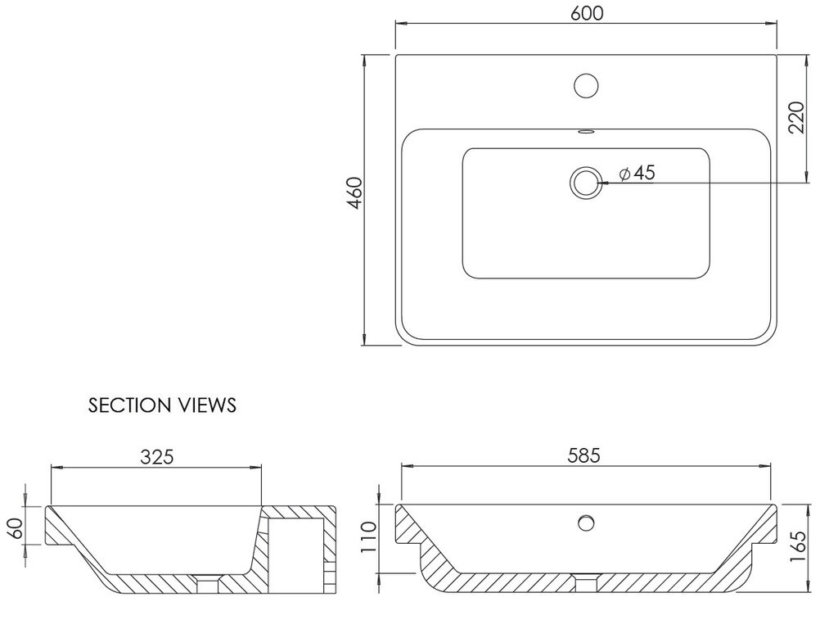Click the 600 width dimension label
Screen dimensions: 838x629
(586, 13)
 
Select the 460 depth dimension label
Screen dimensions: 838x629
(354, 193)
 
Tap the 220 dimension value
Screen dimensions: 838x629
(795, 118)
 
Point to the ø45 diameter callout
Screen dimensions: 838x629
(637, 173)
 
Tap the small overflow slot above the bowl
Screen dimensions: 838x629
(586, 130)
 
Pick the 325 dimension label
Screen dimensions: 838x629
(157, 457)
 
